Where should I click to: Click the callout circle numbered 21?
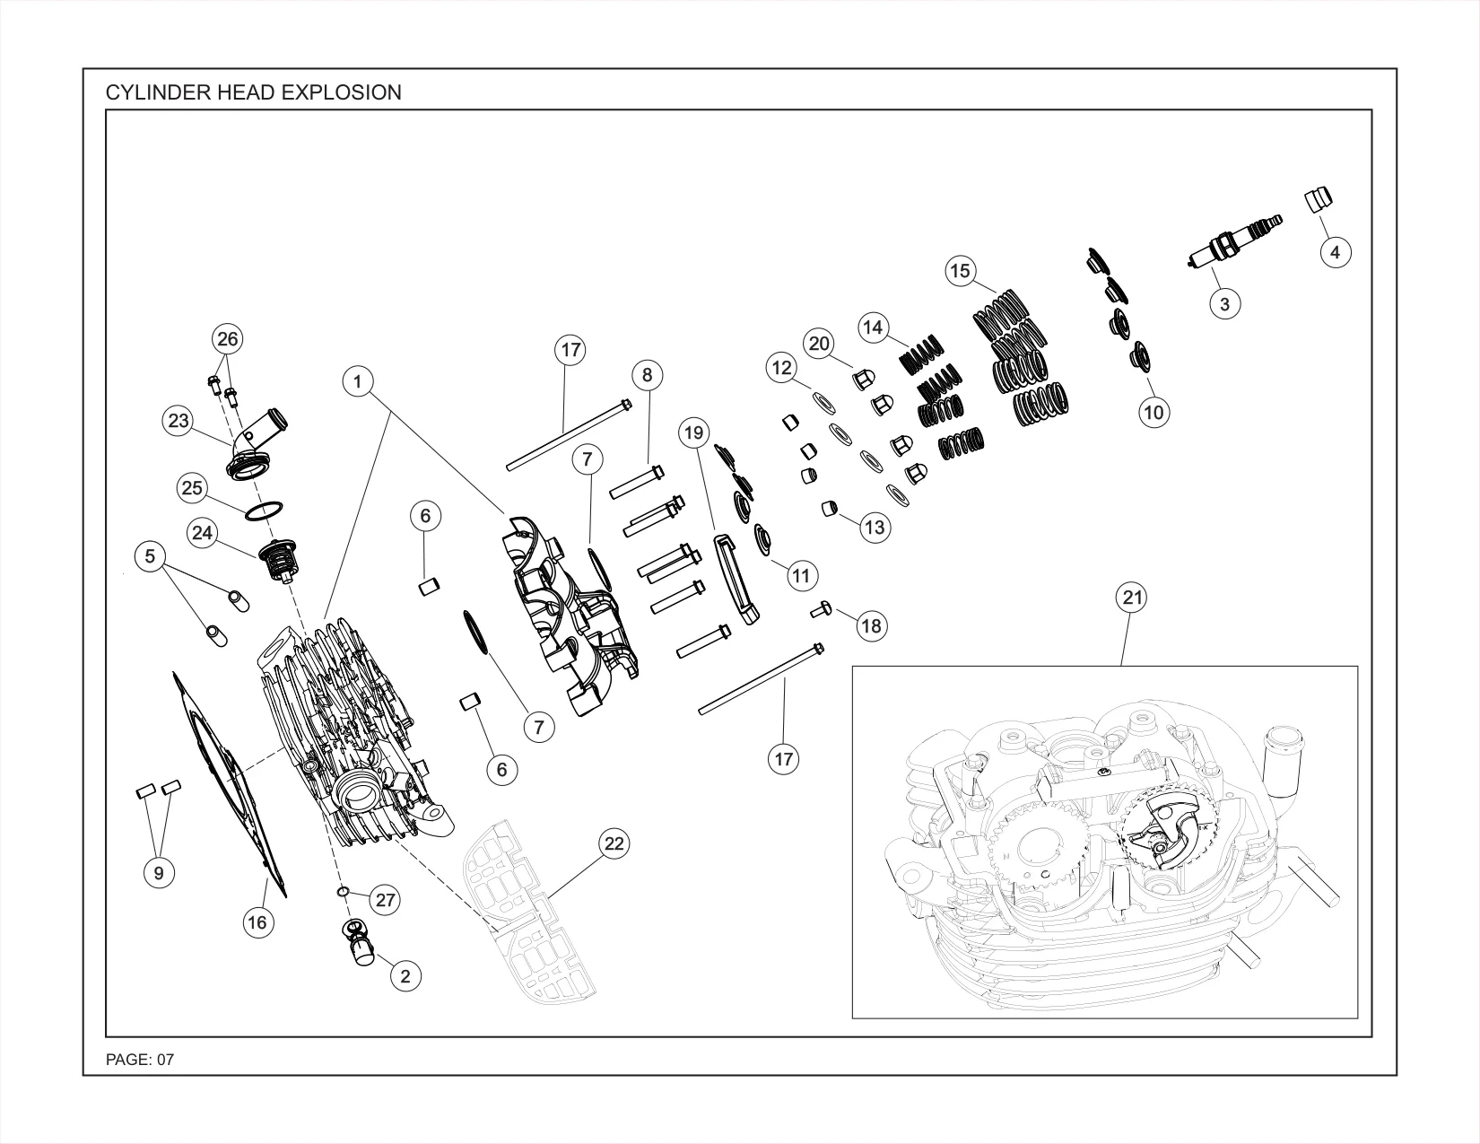(1132, 598)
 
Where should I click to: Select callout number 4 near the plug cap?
(1336, 253)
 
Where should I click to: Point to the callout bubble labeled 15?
(961, 271)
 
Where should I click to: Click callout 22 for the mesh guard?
(614, 843)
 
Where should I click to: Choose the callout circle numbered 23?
(178, 421)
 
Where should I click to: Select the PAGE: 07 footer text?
(140, 1060)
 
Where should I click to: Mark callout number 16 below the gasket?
(257, 922)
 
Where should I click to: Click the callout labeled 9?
(160, 873)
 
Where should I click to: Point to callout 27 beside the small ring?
(386, 900)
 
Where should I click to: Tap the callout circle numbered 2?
(406, 976)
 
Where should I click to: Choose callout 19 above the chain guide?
(694, 432)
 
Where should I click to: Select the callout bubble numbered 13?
(875, 528)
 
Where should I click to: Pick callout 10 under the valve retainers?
(1154, 412)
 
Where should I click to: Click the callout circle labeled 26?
(228, 338)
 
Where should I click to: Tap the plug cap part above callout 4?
(1319, 199)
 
